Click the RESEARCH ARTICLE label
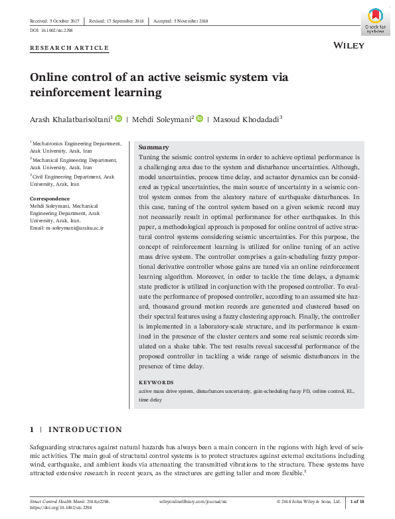click(70, 48)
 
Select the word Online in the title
click(50, 77)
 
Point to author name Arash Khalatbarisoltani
click(71, 119)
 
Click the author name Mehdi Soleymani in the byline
click(163, 119)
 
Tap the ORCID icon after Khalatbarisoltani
click(119, 119)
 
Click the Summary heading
click(153, 147)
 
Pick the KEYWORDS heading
click(156, 383)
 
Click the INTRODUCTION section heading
click(85, 430)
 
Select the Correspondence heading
click(50, 198)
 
